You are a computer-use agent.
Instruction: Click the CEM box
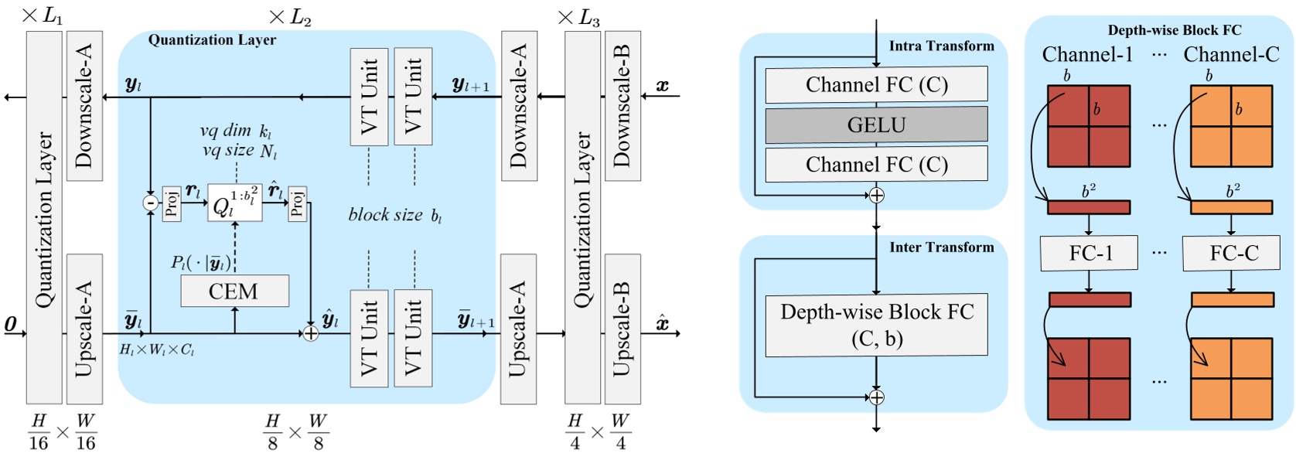pos(234,291)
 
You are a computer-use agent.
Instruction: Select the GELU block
pos(876,124)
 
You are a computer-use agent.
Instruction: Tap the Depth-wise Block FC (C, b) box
pos(876,325)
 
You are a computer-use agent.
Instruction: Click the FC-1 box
pos(1089,253)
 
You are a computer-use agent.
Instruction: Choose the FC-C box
pos(1232,253)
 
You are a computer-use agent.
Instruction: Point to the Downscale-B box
pos(622,106)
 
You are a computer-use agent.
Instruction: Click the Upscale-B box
pos(622,329)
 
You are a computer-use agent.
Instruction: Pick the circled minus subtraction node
pos(150,203)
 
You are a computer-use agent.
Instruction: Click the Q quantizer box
pos(234,203)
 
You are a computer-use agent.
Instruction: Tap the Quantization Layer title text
pos(212,40)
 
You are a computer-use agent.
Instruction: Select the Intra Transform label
pos(941,46)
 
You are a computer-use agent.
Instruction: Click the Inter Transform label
pos(941,247)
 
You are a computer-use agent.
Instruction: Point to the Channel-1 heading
pos(1086,55)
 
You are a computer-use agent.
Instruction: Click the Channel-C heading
pos(1231,55)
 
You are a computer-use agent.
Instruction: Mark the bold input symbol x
pos(662,86)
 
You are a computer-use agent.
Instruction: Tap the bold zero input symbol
pos(11,324)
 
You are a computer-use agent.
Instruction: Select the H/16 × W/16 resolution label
pos(62,432)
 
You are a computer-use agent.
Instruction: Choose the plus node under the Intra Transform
pos(876,196)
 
